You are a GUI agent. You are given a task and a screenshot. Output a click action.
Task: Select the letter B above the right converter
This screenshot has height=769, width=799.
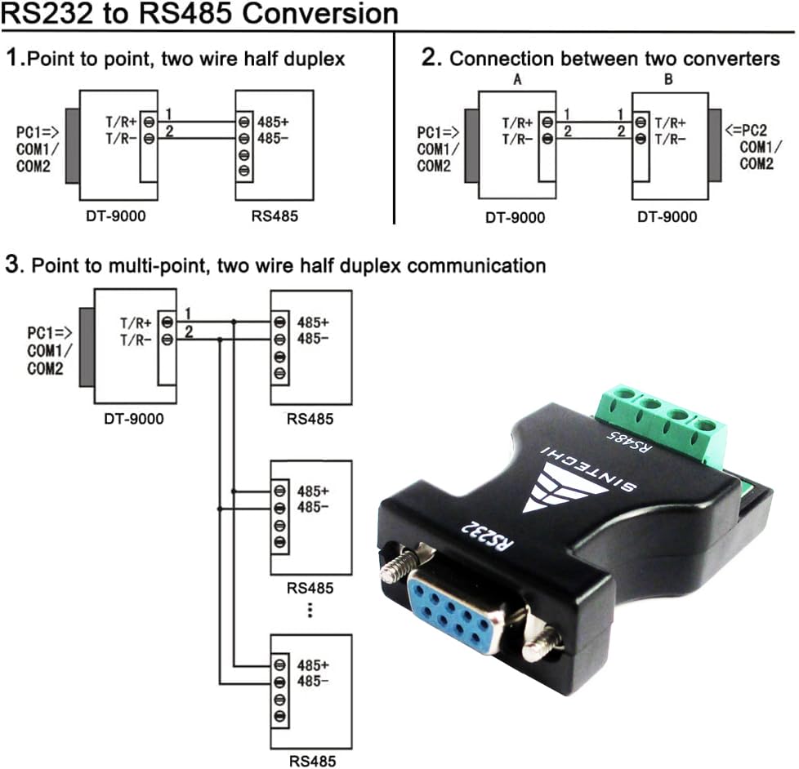tap(668, 79)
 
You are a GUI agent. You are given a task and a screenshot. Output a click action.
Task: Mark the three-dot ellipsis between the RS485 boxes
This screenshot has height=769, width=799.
tap(310, 611)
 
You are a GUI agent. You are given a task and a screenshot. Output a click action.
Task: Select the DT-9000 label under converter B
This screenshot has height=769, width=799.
tap(667, 216)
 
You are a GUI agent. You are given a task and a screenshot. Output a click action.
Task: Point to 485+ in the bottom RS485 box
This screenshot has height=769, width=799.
tap(314, 665)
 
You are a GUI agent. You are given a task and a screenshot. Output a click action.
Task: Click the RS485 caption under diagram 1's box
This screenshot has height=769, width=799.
tap(275, 216)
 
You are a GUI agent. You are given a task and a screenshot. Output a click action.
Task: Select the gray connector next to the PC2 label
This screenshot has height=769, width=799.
tap(716, 144)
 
